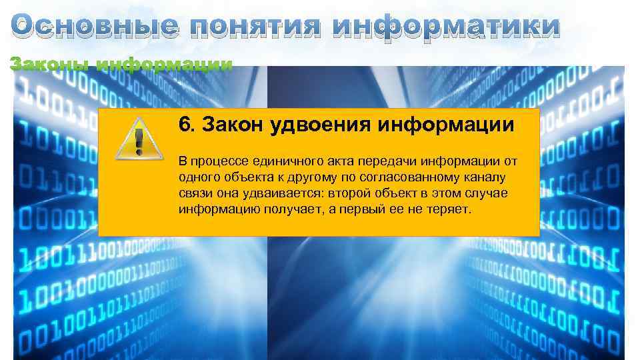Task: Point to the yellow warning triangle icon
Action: point(139,138)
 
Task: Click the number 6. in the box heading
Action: point(187,125)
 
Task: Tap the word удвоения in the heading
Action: point(317,125)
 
